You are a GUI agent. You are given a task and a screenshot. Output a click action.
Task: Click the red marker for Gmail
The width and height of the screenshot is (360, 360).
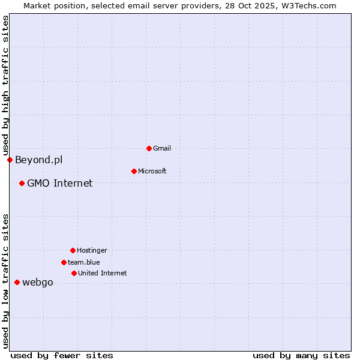149,148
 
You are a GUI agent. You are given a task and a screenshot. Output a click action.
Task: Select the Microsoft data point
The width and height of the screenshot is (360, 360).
134,171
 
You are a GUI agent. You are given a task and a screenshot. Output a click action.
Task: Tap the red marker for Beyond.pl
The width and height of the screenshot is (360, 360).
10,160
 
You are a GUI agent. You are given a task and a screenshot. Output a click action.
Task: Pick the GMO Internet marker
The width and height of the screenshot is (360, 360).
22,183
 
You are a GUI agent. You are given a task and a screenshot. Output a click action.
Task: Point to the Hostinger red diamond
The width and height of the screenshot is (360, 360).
73,250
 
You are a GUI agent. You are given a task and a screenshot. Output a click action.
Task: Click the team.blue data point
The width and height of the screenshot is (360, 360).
64,262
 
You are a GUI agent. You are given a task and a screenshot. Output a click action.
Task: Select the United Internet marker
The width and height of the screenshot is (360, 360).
74,273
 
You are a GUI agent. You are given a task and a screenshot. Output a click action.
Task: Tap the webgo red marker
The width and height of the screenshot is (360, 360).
17,282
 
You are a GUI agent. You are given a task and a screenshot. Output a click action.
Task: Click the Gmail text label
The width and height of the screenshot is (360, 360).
163,148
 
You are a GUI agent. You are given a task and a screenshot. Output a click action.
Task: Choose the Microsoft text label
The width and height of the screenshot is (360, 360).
152,171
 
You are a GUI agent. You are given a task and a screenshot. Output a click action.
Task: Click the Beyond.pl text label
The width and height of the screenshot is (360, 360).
38,160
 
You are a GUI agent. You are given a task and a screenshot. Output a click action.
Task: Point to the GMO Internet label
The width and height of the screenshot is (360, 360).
60,183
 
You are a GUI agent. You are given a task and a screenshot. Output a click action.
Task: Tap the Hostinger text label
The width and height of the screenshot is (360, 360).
92,250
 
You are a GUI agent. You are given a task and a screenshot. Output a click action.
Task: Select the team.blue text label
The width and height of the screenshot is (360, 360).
84,262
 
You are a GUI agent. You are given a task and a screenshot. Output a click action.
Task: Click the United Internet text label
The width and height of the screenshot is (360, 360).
103,273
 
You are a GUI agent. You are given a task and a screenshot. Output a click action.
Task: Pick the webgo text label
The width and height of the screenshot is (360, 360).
38,282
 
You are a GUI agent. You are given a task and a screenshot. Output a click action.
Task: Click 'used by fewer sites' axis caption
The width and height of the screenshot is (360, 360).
62,355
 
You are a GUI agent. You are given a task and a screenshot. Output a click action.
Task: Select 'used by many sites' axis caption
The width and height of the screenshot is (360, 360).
301,355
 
